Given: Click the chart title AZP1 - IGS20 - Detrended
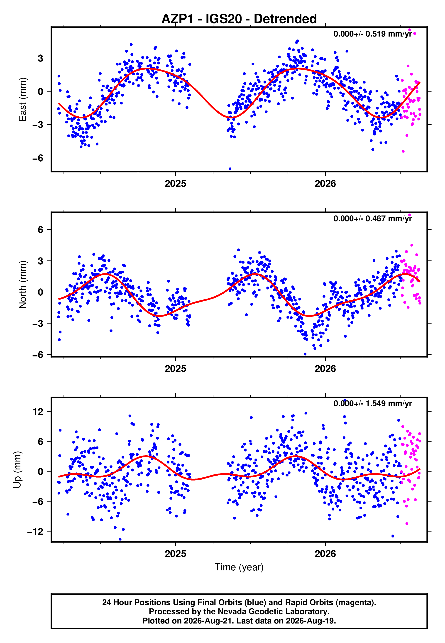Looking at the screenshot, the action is tap(239, 19).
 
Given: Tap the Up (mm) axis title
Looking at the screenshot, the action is tap(17, 470).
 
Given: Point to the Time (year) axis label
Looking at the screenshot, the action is tap(239, 567).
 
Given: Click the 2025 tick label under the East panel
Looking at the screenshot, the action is tap(175, 184).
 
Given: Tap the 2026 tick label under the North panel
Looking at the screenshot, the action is tap(325, 369).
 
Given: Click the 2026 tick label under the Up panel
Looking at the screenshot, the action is tap(325, 554).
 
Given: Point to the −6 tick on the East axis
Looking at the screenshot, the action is tap(38, 158).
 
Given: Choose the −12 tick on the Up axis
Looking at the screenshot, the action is tap(35, 531).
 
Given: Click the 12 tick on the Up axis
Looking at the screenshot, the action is tap(38, 411).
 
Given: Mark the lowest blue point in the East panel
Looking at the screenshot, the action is tap(230, 169).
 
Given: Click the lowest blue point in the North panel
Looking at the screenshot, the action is tap(305, 354).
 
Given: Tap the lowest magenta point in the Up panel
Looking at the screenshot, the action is tap(407, 524).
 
